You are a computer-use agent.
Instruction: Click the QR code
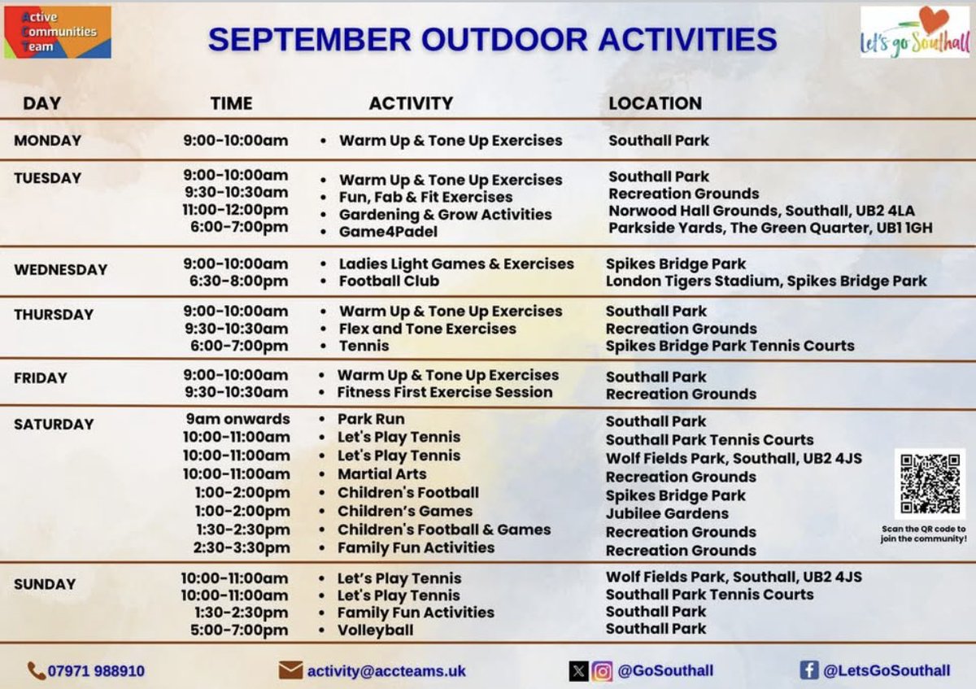click(930, 483)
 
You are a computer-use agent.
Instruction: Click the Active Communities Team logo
click(57, 33)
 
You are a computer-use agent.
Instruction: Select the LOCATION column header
click(655, 103)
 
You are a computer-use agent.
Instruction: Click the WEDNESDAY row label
click(60, 269)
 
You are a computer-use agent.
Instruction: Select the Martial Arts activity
click(381, 473)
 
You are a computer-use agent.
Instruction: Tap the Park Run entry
click(371, 419)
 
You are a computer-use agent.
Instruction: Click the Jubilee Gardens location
click(667, 513)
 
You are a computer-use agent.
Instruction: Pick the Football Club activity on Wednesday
click(389, 281)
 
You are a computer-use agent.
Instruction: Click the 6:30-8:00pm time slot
click(235, 281)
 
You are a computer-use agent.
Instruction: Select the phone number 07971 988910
click(96, 671)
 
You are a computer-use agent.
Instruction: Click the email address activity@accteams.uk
click(386, 671)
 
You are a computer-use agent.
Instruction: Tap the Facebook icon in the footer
click(808, 670)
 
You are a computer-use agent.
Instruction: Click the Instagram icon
click(602, 671)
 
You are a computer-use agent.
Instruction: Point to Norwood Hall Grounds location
click(761, 211)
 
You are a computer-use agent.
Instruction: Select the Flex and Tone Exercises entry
click(427, 329)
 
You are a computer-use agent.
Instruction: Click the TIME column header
click(231, 103)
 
